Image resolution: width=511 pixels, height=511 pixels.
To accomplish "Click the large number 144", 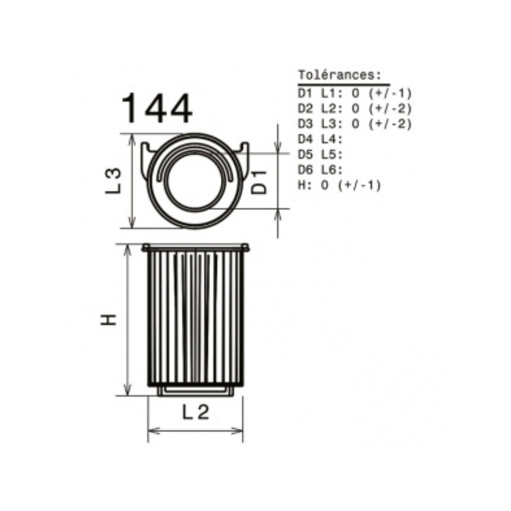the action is click(x=157, y=108).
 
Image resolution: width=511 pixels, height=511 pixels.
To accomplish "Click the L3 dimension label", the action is click(x=113, y=181).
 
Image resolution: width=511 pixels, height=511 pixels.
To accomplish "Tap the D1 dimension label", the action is click(x=260, y=182).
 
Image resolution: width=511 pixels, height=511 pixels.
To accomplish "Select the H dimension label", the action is click(x=108, y=319).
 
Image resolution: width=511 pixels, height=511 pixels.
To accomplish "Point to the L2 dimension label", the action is click(x=195, y=412).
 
